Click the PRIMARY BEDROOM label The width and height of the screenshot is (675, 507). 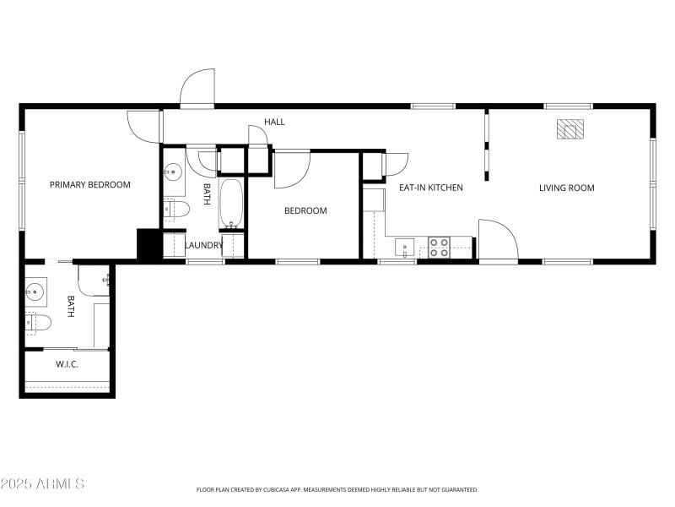tap(89, 185)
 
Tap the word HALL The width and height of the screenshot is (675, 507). tap(274, 122)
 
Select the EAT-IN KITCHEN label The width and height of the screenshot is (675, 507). tap(430, 188)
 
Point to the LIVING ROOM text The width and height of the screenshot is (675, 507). tap(566, 188)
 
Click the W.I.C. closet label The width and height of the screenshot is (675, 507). tap(67, 365)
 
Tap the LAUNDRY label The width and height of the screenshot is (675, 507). tap(203, 246)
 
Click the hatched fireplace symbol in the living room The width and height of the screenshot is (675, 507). tap(570, 128)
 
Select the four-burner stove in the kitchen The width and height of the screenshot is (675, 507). tap(439, 247)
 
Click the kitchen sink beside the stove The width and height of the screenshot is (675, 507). tap(406, 247)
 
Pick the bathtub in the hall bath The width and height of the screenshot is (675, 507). tap(232, 203)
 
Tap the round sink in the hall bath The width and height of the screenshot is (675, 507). tap(173, 173)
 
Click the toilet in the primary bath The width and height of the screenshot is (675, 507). tap(38, 322)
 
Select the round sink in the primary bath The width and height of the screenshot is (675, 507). tap(35, 292)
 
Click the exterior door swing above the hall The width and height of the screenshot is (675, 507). tap(198, 88)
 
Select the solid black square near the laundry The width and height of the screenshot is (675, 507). tap(148, 244)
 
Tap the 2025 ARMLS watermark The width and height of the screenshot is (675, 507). tap(42, 484)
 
